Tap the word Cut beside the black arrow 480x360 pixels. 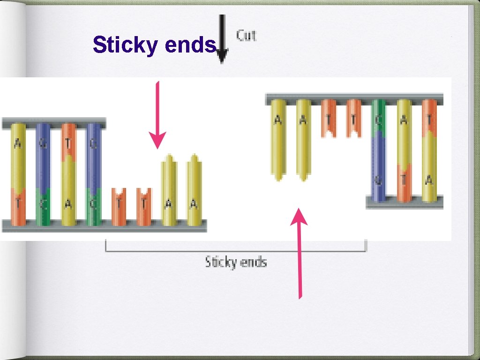coord(247,35)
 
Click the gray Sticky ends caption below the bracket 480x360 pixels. coord(236,262)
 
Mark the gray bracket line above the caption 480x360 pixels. coord(236,250)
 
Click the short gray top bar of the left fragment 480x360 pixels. coord(53,124)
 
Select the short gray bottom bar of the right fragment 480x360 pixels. coord(405,202)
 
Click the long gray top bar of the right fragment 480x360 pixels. coord(354,99)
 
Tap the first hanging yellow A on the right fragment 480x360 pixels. coord(278,141)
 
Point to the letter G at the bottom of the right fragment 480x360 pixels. coord(378,180)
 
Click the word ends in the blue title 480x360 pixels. coord(192,45)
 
